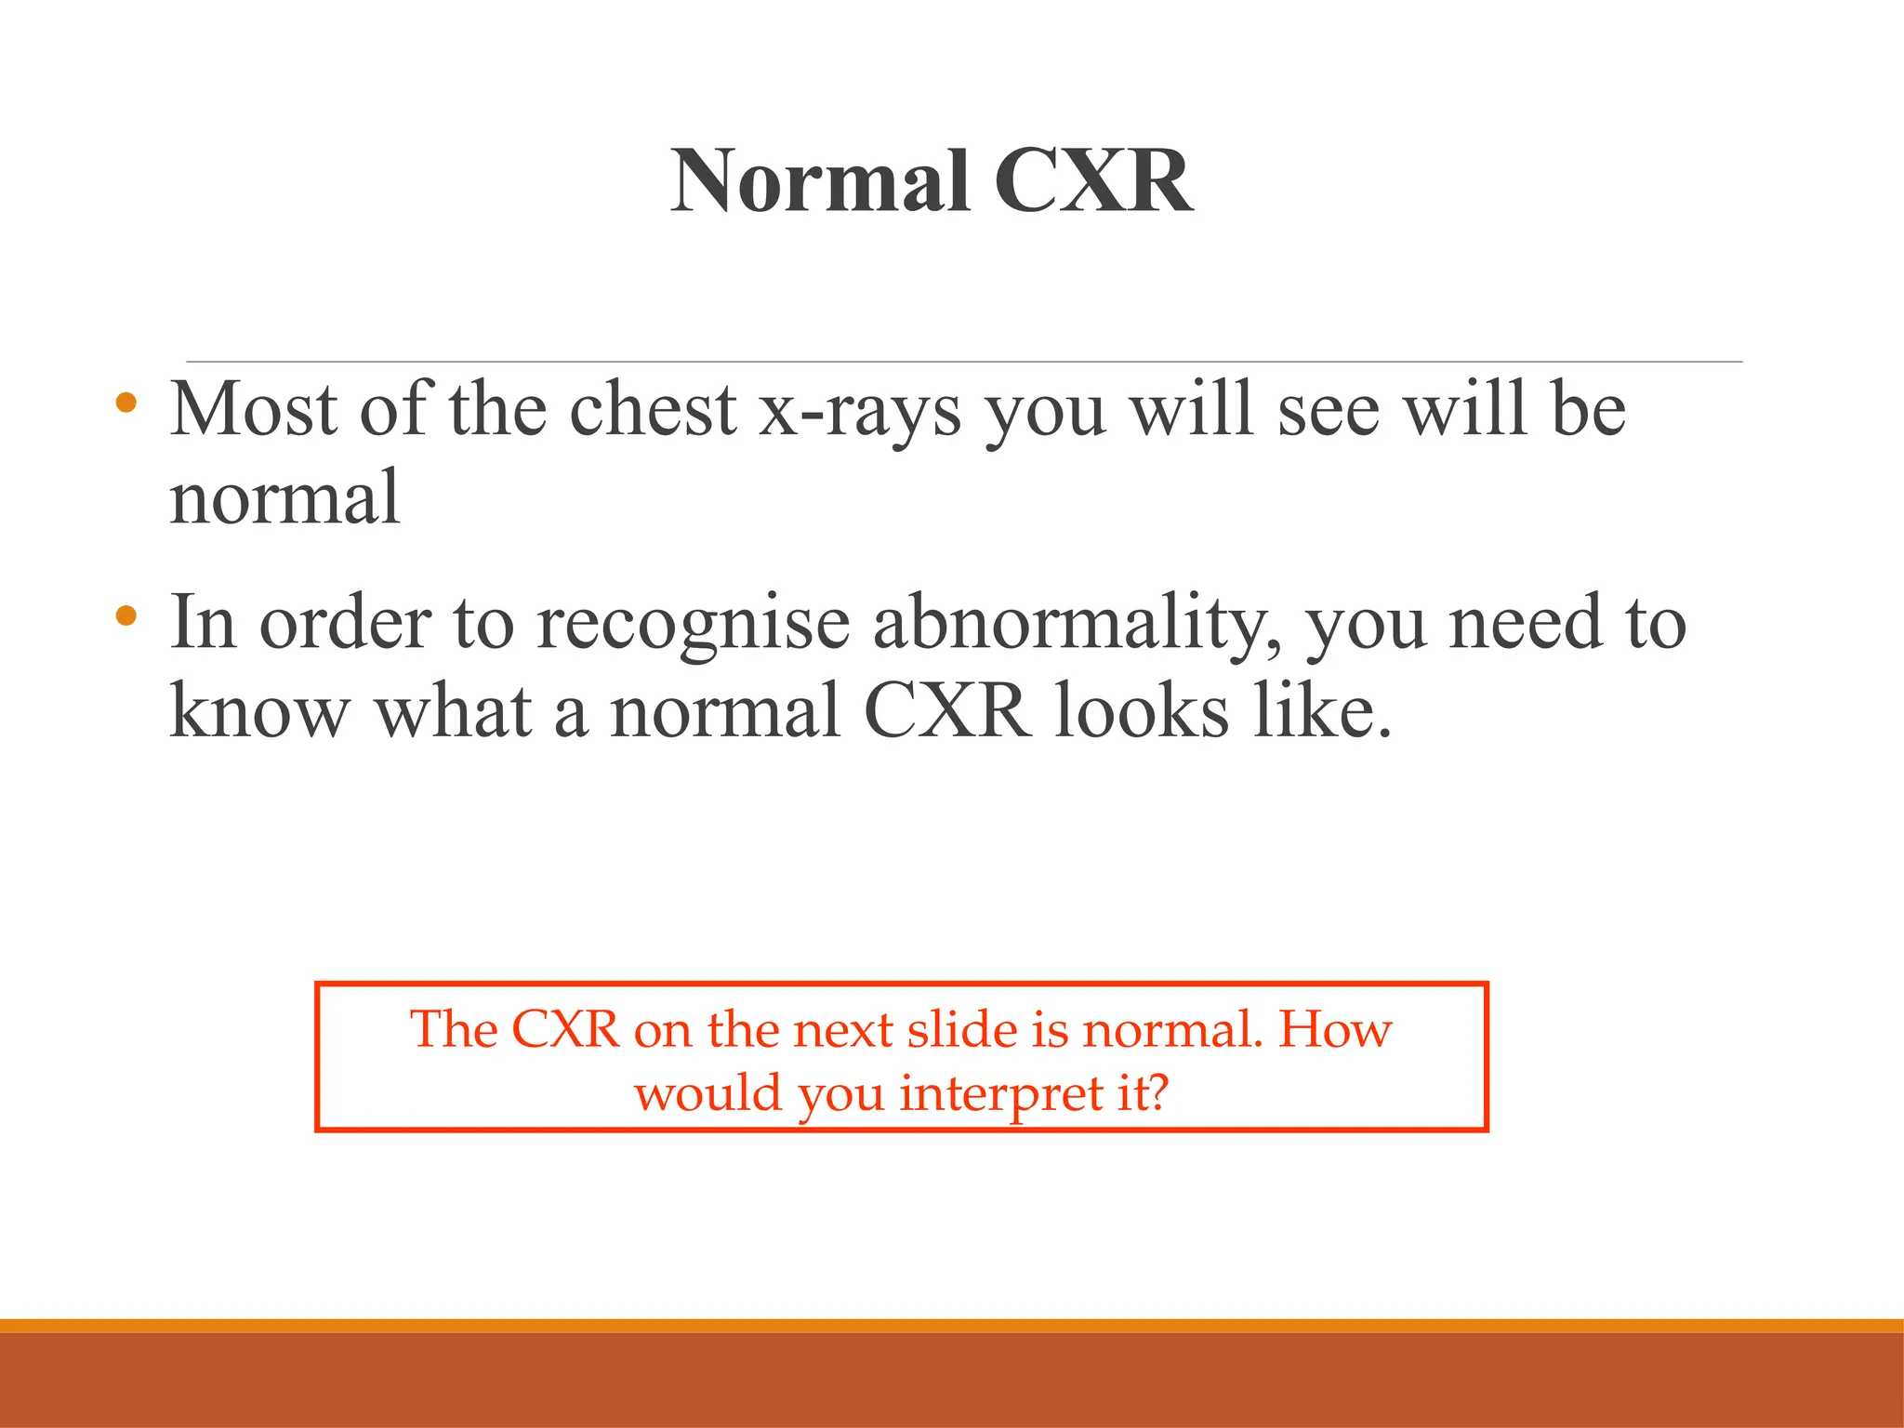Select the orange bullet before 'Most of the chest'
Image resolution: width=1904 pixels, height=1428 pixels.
pos(126,403)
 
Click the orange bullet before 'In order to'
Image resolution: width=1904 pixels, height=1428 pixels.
pos(126,615)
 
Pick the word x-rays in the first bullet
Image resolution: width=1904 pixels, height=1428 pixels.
pos(860,411)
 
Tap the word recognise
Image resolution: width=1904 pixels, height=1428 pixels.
pos(693,623)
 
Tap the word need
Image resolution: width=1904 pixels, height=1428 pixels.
pos(1526,623)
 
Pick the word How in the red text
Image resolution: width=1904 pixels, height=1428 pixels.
pos(1335,1029)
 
